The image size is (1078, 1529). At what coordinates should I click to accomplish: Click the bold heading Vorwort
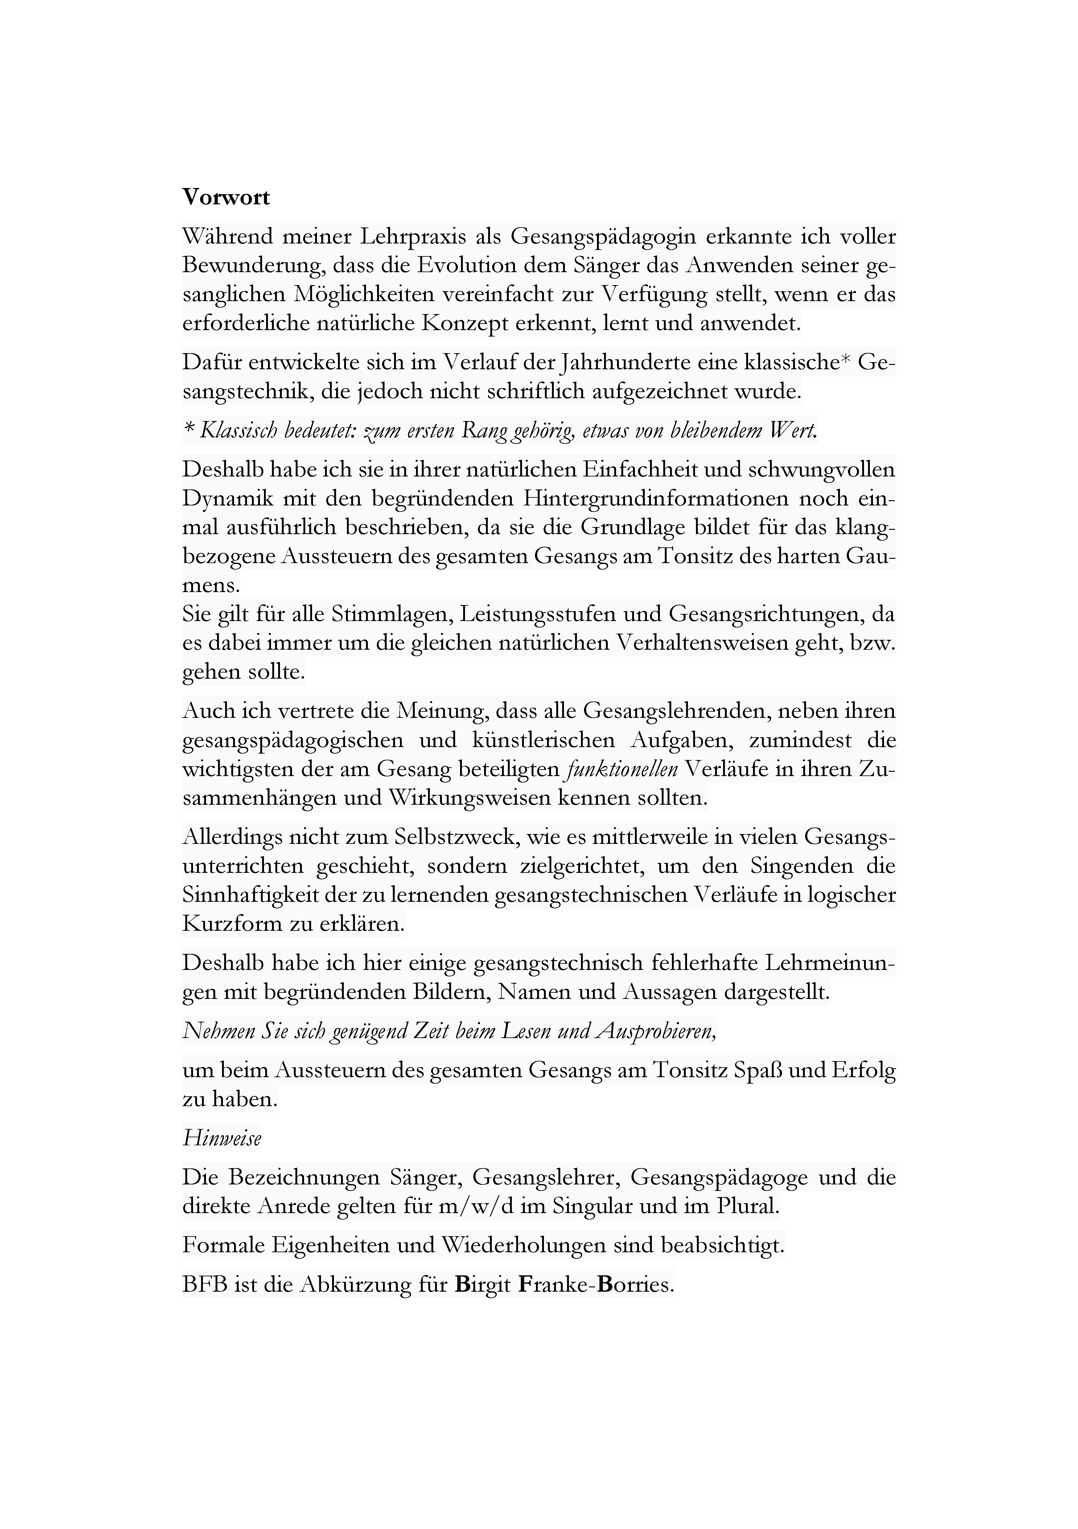[227, 198]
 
